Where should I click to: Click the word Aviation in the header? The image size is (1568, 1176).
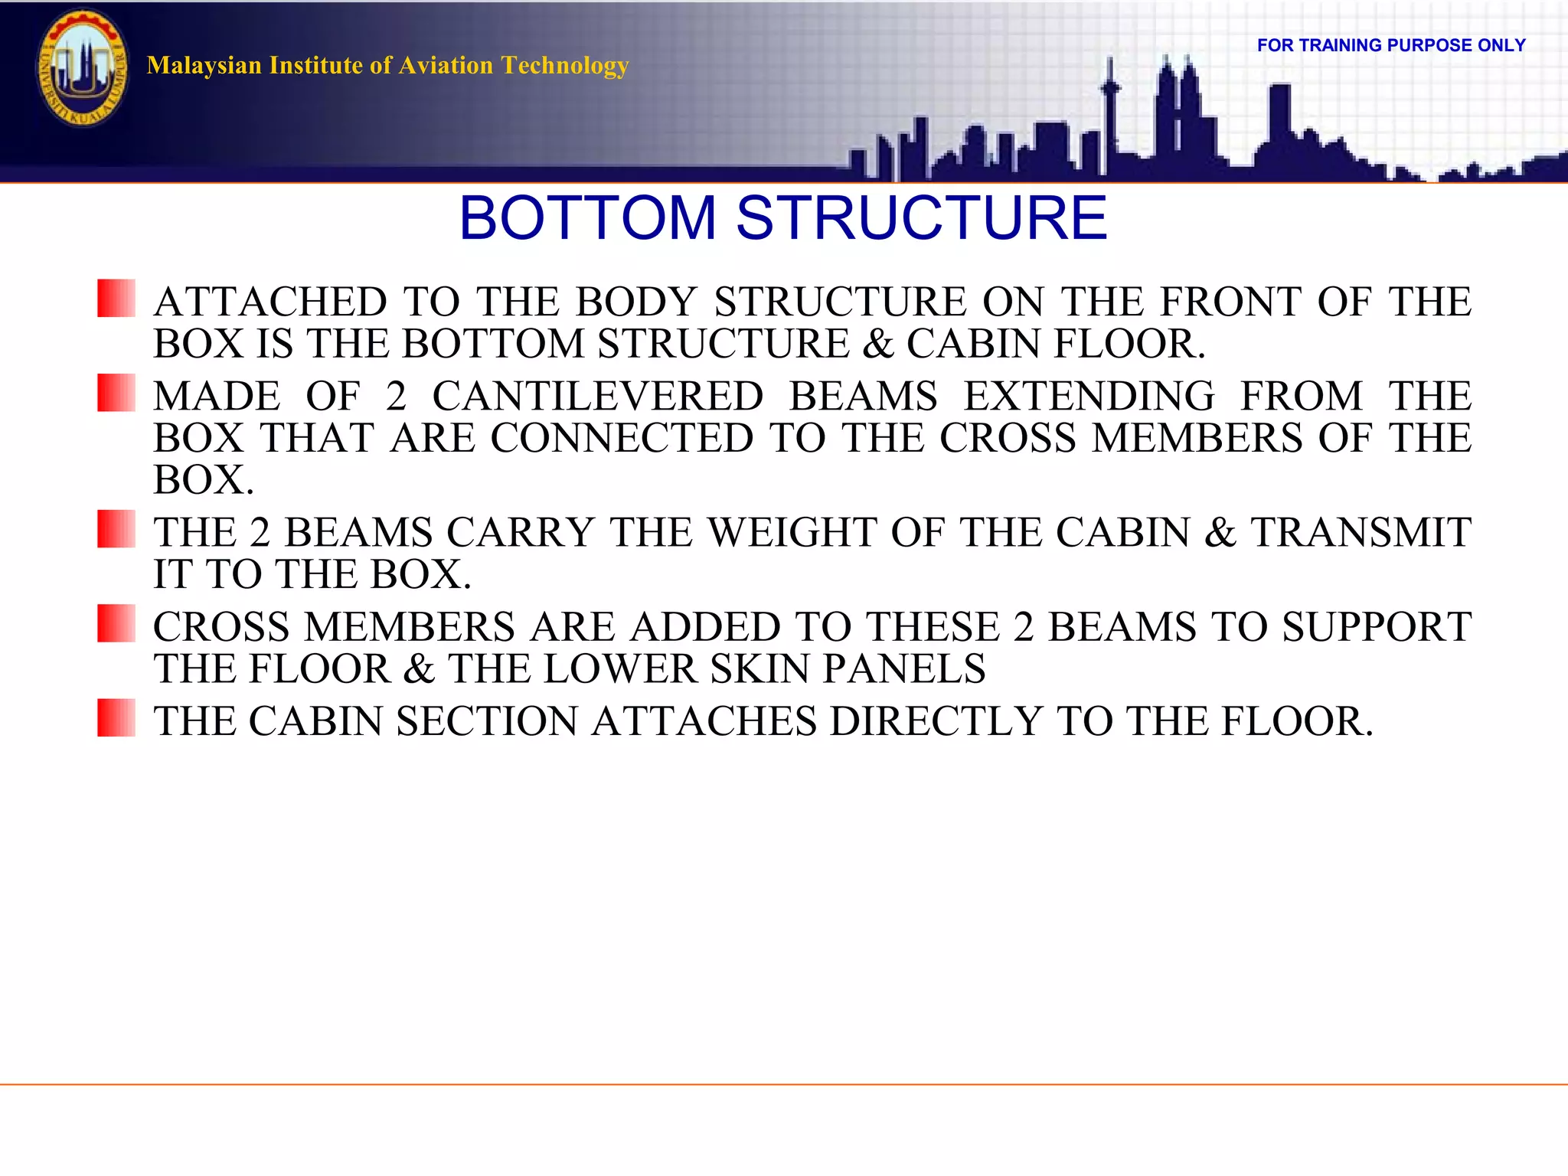coord(446,66)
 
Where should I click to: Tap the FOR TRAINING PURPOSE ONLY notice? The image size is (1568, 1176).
coord(1390,45)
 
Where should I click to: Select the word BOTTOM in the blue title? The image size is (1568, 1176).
coord(587,218)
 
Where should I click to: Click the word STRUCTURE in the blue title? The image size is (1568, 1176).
coord(921,218)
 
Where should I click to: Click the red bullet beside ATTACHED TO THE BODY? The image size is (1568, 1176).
coord(116,299)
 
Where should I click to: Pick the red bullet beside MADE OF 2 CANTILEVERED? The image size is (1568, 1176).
coord(116,393)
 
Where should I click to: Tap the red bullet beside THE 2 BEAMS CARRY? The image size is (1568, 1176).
coord(116,529)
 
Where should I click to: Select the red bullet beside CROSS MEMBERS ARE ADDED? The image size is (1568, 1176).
coord(116,623)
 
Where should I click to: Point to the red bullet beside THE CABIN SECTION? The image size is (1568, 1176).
coord(116,717)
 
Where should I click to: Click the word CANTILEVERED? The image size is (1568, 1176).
coord(597,397)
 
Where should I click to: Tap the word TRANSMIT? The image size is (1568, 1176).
coord(1361,532)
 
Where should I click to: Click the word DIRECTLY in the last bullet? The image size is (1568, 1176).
coord(936,721)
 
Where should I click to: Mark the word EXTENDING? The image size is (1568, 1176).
coord(1089,397)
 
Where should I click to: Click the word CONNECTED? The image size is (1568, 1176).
coord(622,438)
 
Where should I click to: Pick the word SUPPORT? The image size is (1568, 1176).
coord(1377,627)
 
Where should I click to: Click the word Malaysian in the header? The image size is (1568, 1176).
coord(204,66)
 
